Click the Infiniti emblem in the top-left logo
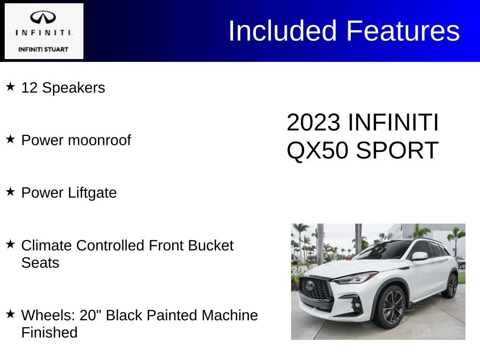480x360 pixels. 43,17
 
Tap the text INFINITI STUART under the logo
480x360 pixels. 43,49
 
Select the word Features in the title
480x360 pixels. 403,31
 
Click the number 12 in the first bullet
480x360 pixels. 29,88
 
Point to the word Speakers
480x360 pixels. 74,88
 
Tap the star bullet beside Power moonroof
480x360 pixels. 10,139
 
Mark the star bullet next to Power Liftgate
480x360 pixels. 10,192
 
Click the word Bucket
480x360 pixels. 210,245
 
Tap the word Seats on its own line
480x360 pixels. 40,262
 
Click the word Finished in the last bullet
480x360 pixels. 49,332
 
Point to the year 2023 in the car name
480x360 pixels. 313,122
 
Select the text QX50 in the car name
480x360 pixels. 317,150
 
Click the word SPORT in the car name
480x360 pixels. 397,150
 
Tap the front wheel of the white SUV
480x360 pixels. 393,307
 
